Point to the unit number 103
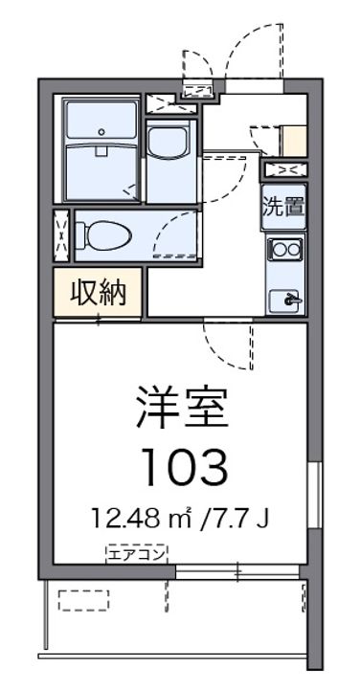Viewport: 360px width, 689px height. pos(185,468)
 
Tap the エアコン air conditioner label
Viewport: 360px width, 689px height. pos(136,551)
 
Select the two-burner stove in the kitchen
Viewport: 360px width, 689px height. pos(284,250)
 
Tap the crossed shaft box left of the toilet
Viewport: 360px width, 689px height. pos(62,235)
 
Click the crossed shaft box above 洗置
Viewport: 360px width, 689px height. pos(285,170)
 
